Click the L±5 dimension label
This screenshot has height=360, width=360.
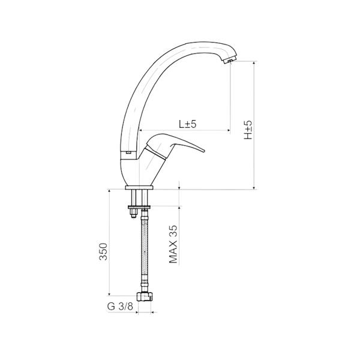[x=188, y=124]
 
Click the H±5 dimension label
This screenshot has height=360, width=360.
[x=248, y=130]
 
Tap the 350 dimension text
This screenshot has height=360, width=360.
[x=103, y=251]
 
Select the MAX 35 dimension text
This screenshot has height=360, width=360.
[x=173, y=244]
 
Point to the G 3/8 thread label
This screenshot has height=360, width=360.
[x=120, y=306]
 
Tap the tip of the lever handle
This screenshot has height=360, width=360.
[x=203, y=151]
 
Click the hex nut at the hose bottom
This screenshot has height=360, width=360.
[x=145, y=296]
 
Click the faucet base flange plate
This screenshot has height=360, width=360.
[x=139, y=188]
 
